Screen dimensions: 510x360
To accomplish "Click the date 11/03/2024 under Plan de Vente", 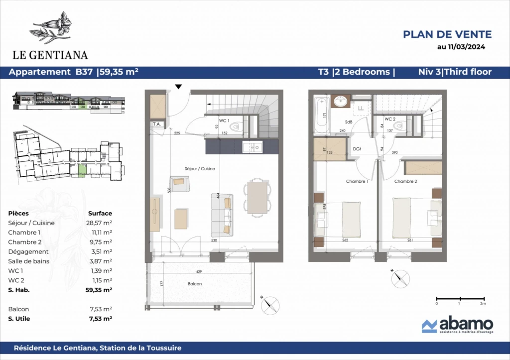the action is tap(466, 47).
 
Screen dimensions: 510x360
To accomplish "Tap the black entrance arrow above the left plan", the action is tap(178, 87).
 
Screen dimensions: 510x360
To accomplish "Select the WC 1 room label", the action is tap(224, 120).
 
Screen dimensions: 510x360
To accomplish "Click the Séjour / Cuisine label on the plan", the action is tap(200, 169).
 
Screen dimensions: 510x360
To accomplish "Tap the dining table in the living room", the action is tap(257, 198).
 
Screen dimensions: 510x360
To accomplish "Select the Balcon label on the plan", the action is tap(195, 284).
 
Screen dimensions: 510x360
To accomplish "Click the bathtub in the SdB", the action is tap(322, 115).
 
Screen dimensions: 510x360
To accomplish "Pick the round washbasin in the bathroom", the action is tap(341, 101).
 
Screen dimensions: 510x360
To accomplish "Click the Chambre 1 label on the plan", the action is tap(357, 181).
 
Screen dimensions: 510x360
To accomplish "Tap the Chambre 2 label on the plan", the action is tap(405, 181).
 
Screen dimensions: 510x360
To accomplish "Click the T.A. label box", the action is tap(157, 124).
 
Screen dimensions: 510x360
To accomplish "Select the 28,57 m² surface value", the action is tap(99, 223).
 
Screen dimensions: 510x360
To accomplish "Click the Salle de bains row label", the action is tap(28, 261).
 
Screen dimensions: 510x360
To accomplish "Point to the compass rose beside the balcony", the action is tap(270, 305).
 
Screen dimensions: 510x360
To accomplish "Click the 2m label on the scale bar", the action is tap(483, 303).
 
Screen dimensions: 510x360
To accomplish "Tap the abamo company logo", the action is tap(458, 325).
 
